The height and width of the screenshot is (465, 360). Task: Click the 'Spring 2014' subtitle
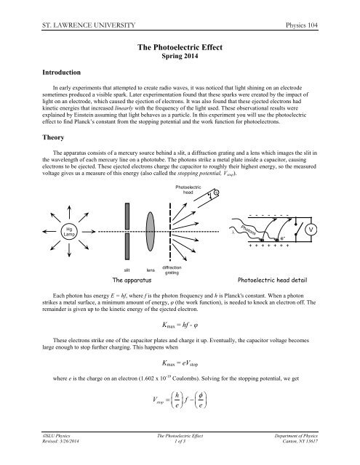tap(179, 57)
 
